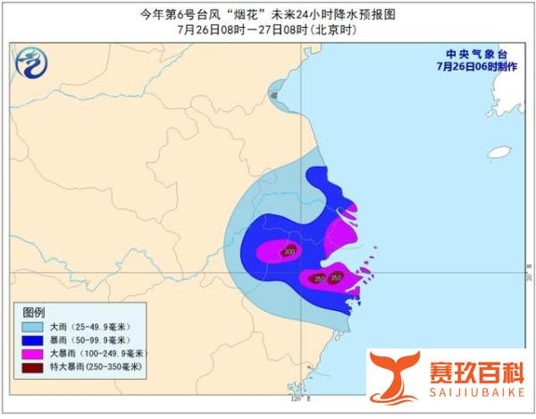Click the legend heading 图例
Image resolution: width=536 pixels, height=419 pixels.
point(33,312)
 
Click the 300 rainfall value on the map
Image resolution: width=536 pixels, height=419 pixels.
point(289,252)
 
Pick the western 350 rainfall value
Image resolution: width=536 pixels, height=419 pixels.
point(317,279)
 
